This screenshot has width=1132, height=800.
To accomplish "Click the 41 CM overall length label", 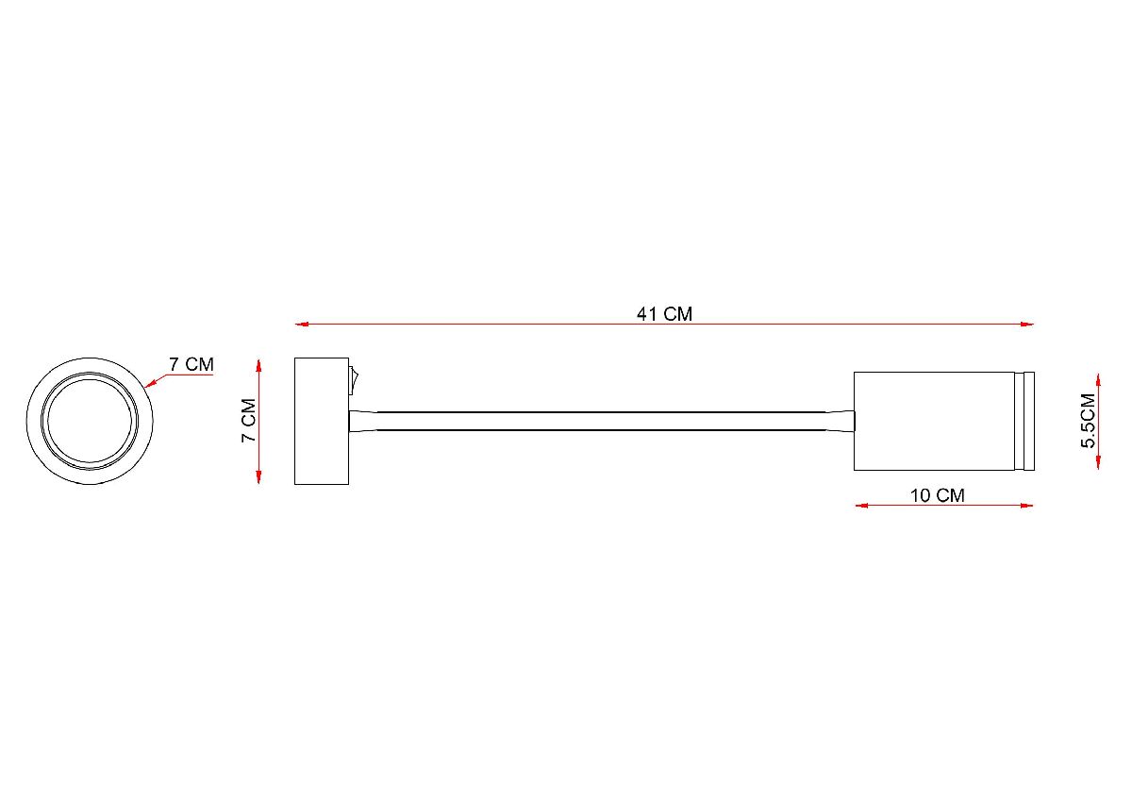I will [664, 314].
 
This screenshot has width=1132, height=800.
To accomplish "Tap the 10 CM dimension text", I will [938, 494].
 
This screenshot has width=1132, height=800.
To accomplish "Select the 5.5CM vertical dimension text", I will [1090, 421].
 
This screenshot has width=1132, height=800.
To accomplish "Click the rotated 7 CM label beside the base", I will [248, 421].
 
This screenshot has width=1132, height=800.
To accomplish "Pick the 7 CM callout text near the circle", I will [191, 364].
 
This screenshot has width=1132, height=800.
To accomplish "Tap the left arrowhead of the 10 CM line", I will [860, 506].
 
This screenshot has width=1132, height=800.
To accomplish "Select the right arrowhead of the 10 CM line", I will [1028, 506].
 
